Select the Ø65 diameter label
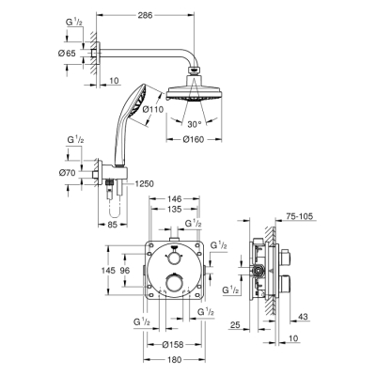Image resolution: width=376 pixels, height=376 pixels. [x=66, y=54]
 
